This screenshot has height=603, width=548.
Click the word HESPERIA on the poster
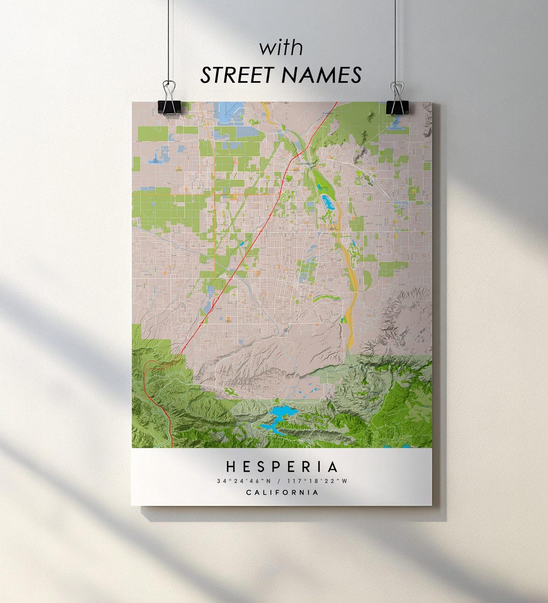pyautogui.click(x=282, y=467)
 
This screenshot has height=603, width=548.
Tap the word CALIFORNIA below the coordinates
pyautogui.click(x=282, y=492)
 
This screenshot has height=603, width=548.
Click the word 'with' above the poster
pyautogui.click(x=281, y=49)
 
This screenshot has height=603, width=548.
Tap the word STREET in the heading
pyautogui.click(x=237, y=75)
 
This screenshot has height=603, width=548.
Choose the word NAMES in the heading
pyautogui.click(x=321, y=75)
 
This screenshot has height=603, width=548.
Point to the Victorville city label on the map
pyautogui.click(x=306, y=164)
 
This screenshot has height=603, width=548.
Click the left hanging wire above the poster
pyautogui.click(x=168, y=41)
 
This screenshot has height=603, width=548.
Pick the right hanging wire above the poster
pyautogui.click(x=395, y=41)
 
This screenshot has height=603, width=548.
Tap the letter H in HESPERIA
pyautogui.click(x=230, y=467)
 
